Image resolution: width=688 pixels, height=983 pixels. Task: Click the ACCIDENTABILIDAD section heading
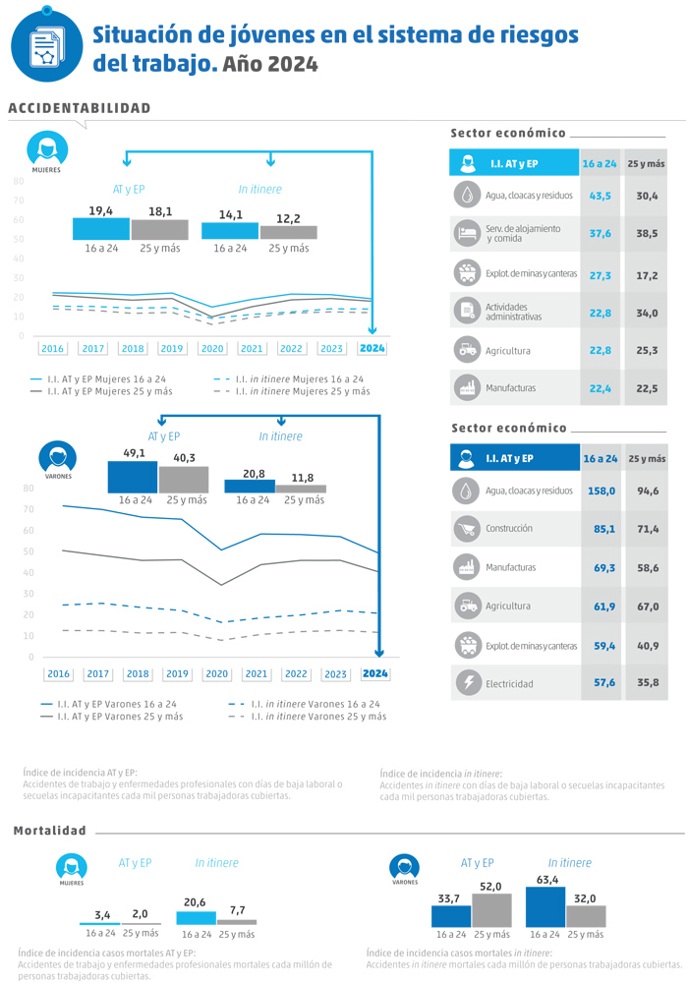[x=80, y=108]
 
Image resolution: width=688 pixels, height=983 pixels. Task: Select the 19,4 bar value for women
[x=100, y=211]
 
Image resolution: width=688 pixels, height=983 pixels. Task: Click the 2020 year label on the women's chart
[x=212, y=348]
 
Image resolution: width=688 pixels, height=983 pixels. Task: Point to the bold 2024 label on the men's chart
[x=375, y=673]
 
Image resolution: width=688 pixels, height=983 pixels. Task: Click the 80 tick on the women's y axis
[x=19, y=181]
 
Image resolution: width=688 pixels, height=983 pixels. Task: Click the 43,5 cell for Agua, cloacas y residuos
[x=600, y=196]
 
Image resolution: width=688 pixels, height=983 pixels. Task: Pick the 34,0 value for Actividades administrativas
[x=646, y=314]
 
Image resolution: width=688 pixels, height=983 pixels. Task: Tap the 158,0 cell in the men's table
[x=601, y=491]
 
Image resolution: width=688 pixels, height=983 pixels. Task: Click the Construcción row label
[x=508, y=529]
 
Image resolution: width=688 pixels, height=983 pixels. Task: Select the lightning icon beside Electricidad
[x=466, y=682]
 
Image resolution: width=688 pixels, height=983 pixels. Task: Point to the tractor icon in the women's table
[x=466, y=350]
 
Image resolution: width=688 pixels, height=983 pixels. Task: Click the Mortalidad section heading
[x=50, y=831]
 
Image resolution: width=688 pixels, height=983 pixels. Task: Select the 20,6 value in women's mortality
[x=195, y=901]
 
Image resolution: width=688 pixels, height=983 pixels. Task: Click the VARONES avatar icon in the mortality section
[x=404, y=867]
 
